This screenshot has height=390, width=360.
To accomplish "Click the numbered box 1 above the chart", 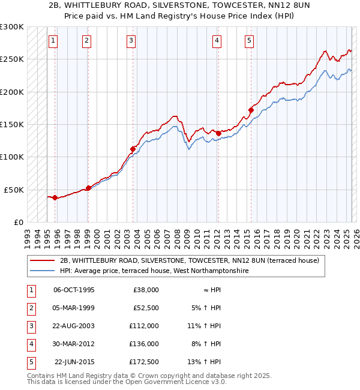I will tap(53, 41).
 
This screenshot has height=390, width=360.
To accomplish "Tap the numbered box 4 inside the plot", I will tap(217, 41).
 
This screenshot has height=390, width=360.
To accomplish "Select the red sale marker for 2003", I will tap(133, 149).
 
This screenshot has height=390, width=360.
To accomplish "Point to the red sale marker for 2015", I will tap(251, 110).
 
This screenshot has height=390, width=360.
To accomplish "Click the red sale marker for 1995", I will tap(55, 197).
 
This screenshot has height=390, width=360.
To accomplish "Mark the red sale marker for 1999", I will tap(88, 188).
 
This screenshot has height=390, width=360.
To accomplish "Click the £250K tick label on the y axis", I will tap(12, 59).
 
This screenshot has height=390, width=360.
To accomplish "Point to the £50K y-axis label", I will tap(14, 190).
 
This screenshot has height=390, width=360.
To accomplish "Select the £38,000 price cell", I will tap(146, 289).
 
